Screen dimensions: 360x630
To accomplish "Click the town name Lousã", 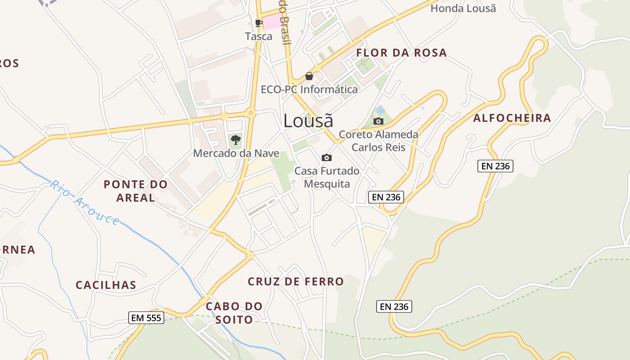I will coord(308,121).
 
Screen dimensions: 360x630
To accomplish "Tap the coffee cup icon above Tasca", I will coord(258,22).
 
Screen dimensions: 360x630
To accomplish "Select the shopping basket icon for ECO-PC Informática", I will coord(309,76).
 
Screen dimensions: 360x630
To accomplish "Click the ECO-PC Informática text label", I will coord(309,90).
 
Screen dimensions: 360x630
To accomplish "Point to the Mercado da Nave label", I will coord(236,153).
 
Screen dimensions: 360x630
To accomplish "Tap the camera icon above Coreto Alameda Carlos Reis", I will coord(378,121).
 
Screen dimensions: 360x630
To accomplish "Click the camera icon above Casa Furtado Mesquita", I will coord(327,157).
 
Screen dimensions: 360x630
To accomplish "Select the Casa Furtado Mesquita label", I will coord(327,177).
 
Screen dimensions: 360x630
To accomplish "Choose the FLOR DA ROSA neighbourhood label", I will coord(401,53).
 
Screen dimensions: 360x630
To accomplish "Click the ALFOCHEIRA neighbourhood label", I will coord(512,118).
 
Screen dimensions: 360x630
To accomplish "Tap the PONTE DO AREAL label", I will coord(135,191).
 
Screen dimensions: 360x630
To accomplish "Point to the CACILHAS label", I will coord(106,285).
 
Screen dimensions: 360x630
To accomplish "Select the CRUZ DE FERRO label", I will coord(296,282).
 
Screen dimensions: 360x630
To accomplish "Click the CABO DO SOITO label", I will coord(234,313).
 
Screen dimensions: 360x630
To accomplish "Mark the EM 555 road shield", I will coord(146,318).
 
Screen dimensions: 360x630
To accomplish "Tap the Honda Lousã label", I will coord(463,8).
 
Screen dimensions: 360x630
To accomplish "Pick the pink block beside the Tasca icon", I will coord(272,22).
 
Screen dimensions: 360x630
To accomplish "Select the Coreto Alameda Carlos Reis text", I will coord(378,141).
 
